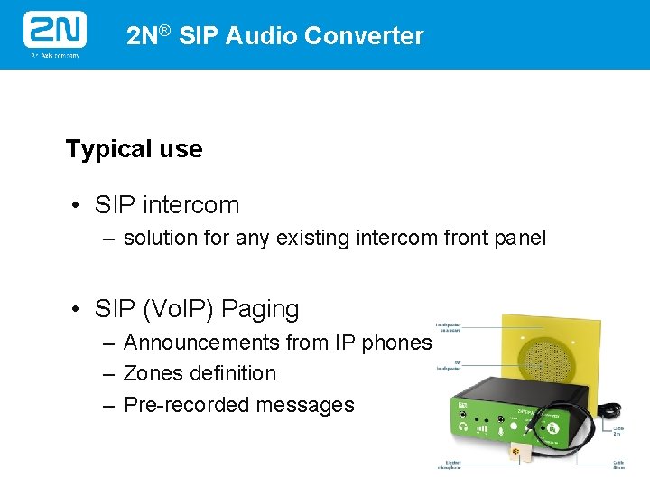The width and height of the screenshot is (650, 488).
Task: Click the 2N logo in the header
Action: coord(54,33)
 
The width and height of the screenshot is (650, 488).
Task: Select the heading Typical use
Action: coord(134,149)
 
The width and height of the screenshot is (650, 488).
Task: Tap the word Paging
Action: coord(260,309)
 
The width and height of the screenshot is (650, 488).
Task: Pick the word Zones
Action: coord(153,373)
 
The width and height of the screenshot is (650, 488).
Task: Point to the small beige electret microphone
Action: coord(517,452)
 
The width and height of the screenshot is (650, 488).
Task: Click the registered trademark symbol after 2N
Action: coord(164,31)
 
